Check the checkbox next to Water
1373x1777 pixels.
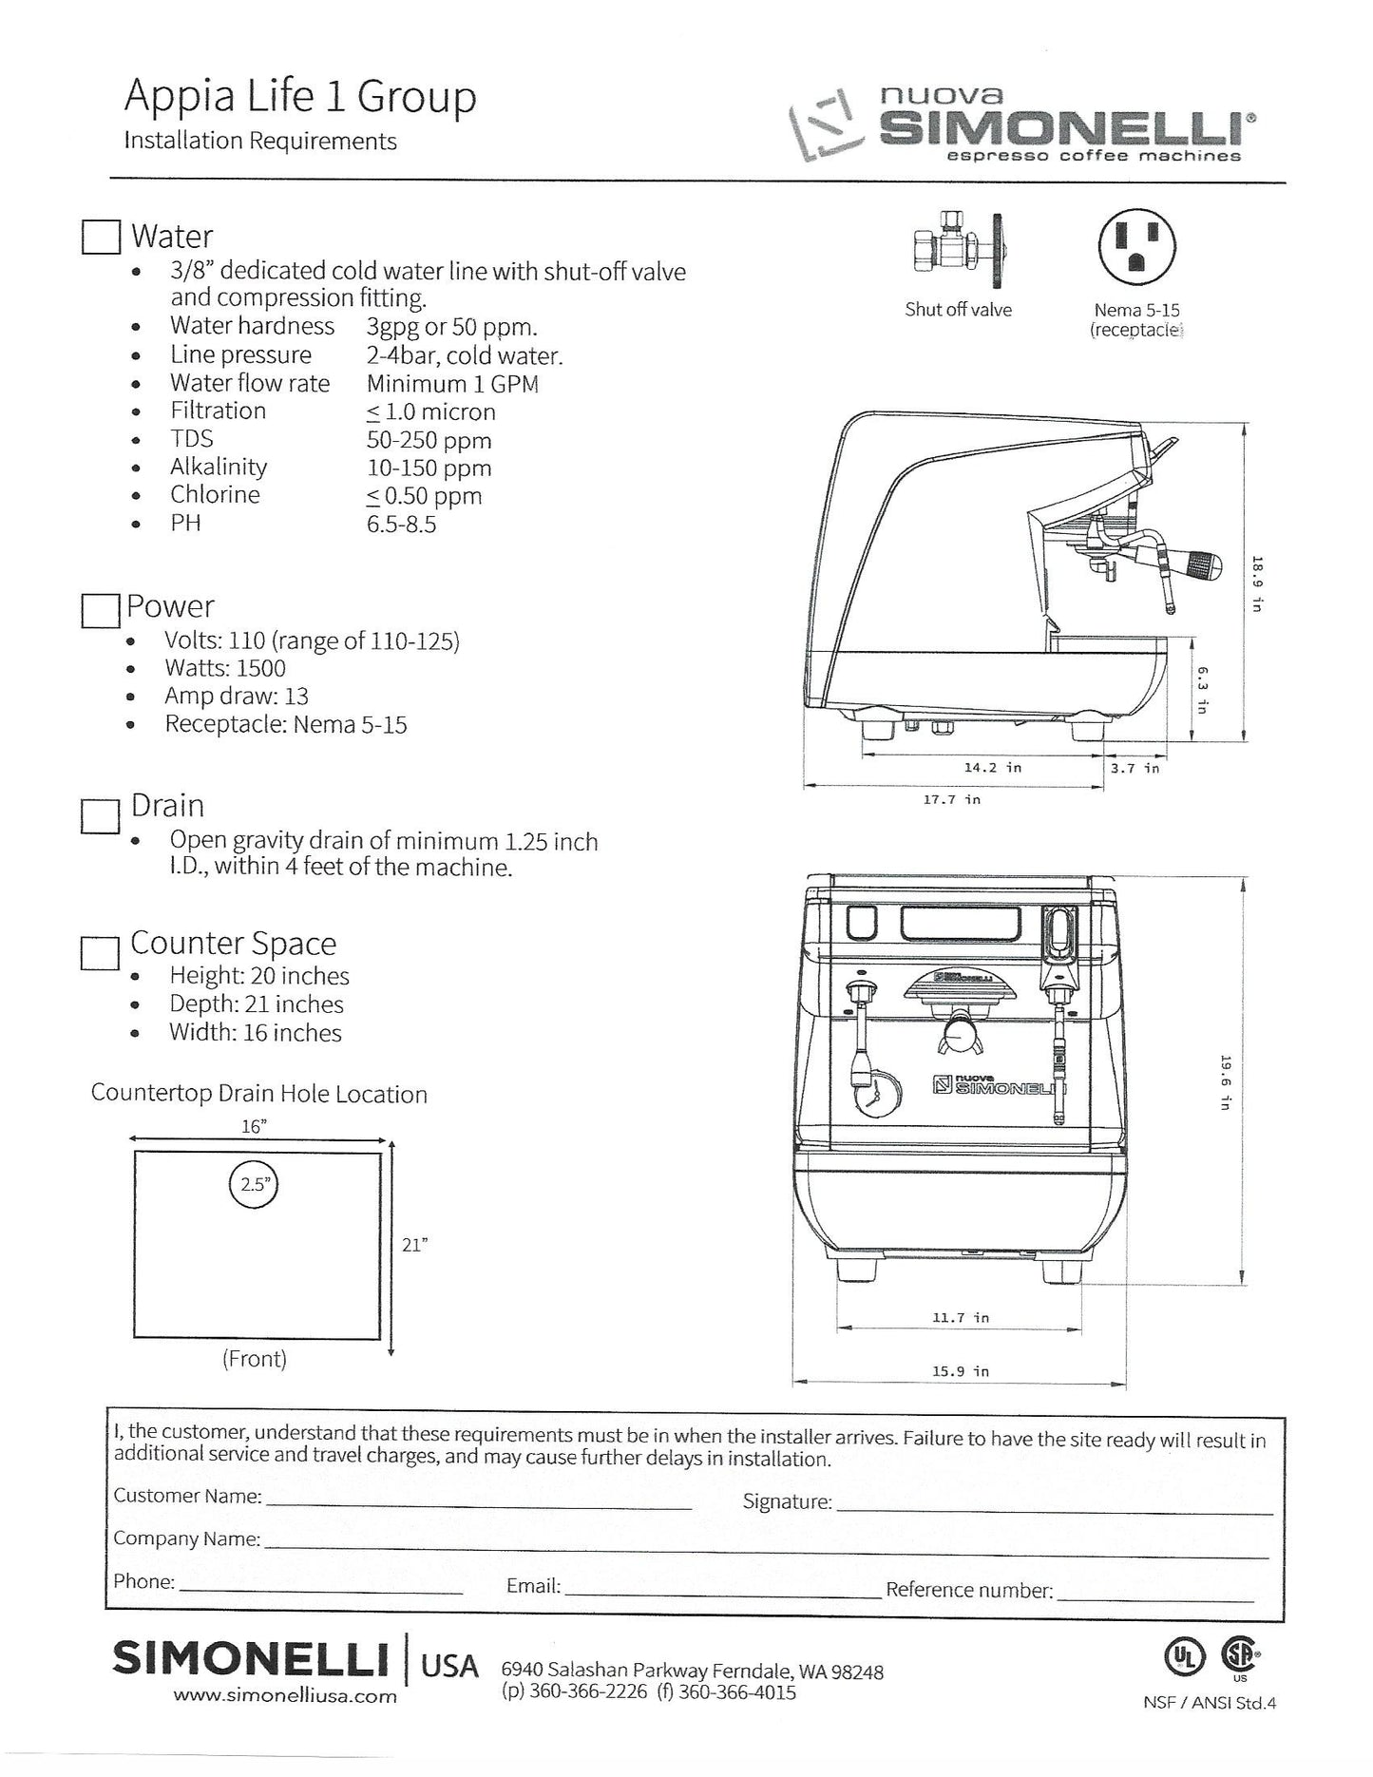coord(101,237)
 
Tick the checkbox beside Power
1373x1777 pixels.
coord(100,610)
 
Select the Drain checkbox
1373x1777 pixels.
coord(100,815)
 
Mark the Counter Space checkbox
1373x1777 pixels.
coord(100,952)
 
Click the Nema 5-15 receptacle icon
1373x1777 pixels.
coord(1136,245)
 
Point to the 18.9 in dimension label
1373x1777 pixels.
coord(1256,583)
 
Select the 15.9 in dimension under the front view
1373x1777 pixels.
coord(960,1371)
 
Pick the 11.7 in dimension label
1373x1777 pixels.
coord(960,1317)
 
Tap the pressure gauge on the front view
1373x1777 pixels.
coord(871,1099)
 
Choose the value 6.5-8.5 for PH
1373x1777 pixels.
coord(401,525)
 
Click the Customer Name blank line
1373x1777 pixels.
coord(478,1508)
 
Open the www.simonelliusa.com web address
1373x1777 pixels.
coord(285,1696)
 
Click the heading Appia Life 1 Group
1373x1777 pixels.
coord(300,98)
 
